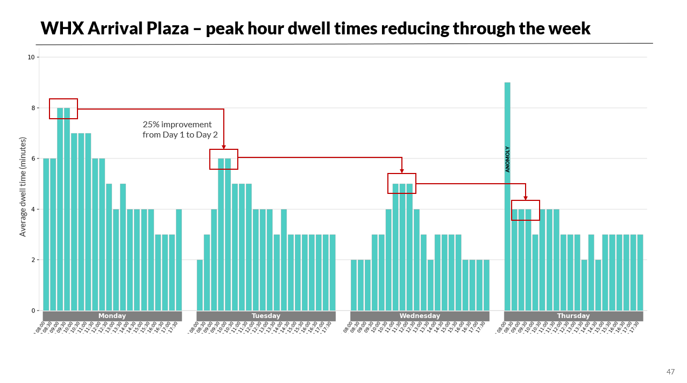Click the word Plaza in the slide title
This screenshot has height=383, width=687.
pos(167,28)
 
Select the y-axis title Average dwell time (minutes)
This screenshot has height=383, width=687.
pos(23,186)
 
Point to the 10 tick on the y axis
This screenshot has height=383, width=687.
pos(31,57)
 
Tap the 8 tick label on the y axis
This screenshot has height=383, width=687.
pos(33,108)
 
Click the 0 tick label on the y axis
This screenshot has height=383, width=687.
pos(33,310)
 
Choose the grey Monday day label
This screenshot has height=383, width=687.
pos(112,316)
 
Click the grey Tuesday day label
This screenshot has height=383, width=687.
pos(266,316)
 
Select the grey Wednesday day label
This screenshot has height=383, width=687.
pos(420,316)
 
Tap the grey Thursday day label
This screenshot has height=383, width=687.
pos(573,316)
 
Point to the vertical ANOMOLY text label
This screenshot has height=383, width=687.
pos(507,159)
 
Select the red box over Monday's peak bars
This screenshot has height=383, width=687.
pos(63,109)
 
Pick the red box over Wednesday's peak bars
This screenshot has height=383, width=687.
pos(402,184)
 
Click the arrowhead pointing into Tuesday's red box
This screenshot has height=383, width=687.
pos(224,147)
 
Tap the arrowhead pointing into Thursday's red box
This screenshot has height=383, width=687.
pos(526,198)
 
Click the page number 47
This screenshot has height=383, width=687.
pos(670,372)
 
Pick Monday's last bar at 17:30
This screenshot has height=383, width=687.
pos(179,259)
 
